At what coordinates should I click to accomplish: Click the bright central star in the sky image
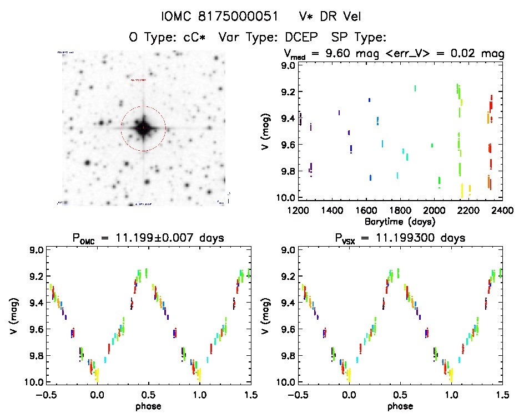[x=143, y=128]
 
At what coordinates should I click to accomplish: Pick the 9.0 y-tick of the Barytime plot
[x=288, y=65]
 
